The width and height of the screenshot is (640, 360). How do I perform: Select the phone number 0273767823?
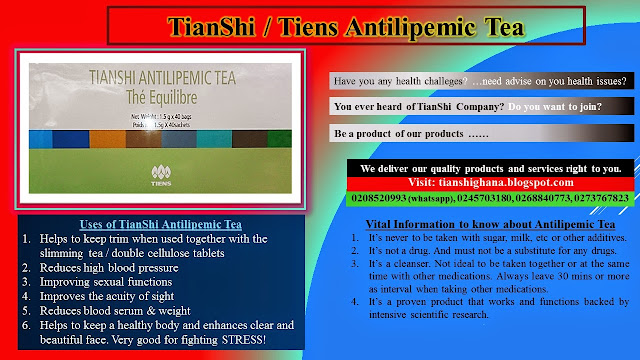592,198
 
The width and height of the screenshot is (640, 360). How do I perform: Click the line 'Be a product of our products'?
408,133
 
